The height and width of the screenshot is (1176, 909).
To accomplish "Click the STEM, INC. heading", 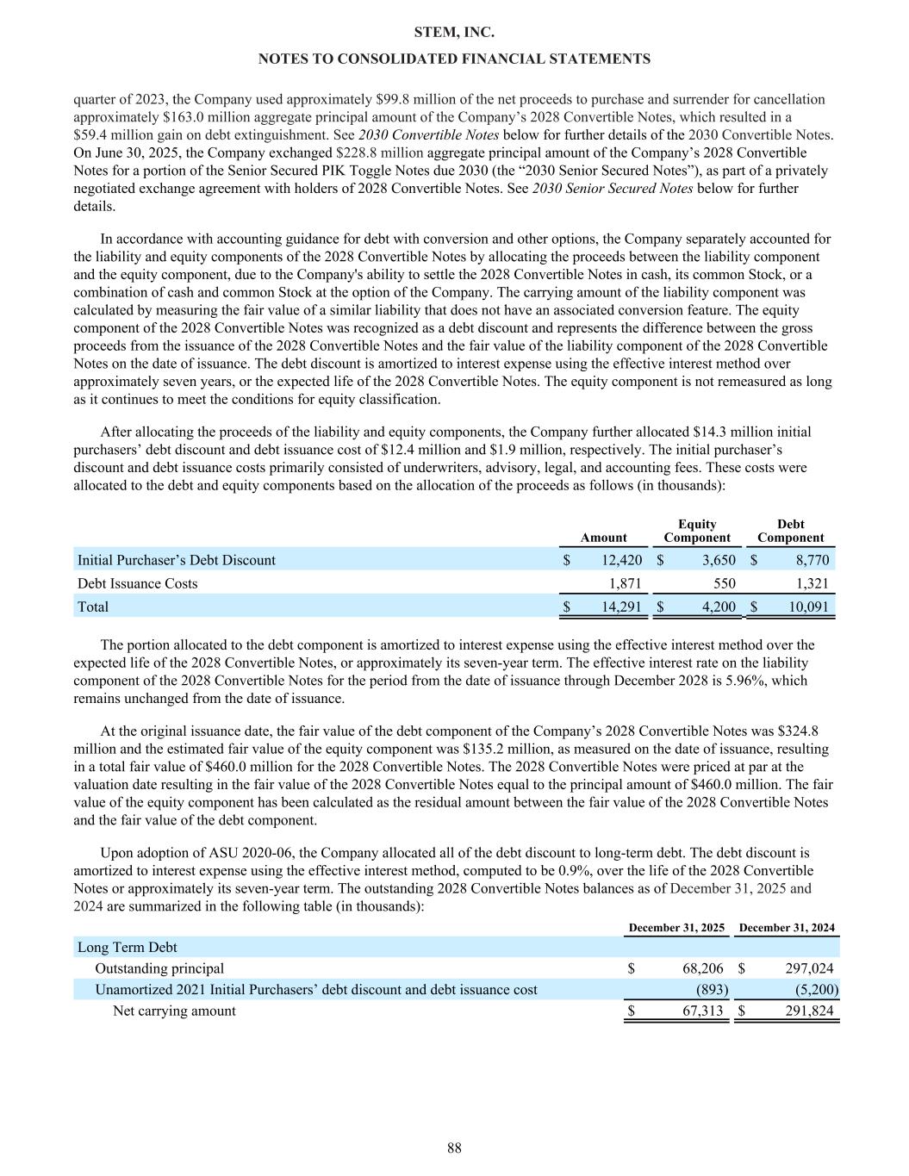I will [454, 32].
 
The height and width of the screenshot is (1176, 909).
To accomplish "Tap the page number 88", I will [454, 1148].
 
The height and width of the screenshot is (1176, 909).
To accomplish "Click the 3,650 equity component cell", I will [718, 560].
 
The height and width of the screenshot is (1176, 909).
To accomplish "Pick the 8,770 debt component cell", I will [811, 560].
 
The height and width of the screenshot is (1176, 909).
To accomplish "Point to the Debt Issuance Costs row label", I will [137, 583].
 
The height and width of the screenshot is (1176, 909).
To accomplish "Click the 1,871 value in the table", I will [625, 583].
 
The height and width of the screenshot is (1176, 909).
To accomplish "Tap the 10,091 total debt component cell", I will [807, 607].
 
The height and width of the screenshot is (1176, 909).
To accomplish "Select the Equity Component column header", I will [696, 531].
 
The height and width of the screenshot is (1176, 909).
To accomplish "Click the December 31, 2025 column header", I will [676, 928].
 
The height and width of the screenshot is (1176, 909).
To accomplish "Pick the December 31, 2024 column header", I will [787, 928].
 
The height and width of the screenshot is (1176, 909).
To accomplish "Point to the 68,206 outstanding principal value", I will [702, 968].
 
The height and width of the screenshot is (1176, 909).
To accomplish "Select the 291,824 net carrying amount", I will [809, 1011].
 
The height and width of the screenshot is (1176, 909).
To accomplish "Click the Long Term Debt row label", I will [128, 948].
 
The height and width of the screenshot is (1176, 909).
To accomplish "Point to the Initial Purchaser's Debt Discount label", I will [177, 560].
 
